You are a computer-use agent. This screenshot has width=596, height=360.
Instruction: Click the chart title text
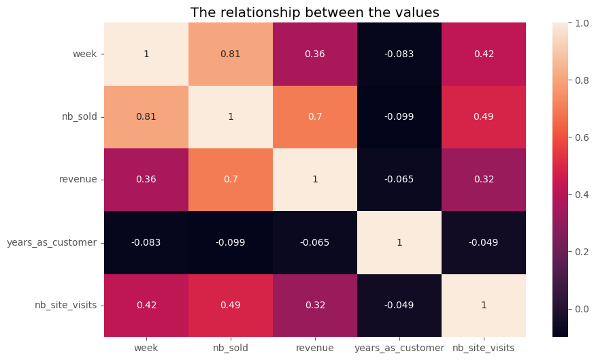(314, 13)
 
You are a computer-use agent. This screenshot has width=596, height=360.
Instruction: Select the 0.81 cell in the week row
(231, 54)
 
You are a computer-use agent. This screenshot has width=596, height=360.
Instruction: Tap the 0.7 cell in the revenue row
(231, 180)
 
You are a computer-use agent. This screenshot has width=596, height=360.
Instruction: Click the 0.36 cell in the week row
(315, 54)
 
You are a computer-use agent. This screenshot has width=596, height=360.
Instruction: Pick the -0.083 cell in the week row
(399, 54)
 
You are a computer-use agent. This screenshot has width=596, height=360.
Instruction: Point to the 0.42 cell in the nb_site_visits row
(146, 305)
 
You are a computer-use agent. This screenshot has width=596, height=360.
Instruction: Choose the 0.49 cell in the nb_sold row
(484, 116)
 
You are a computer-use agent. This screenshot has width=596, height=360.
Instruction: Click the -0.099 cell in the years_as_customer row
(231, 242)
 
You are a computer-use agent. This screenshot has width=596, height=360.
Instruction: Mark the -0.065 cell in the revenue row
(399, 180)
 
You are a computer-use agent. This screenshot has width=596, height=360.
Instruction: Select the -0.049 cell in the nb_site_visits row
(399, 305)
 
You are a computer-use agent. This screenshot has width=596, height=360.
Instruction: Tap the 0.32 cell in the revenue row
(484, 180)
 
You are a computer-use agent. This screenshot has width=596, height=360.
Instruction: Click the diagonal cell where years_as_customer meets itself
(399, 242)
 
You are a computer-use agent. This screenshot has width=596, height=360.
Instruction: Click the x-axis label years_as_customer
(399, 348)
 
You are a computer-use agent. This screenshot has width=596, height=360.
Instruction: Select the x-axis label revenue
(315, 348)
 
